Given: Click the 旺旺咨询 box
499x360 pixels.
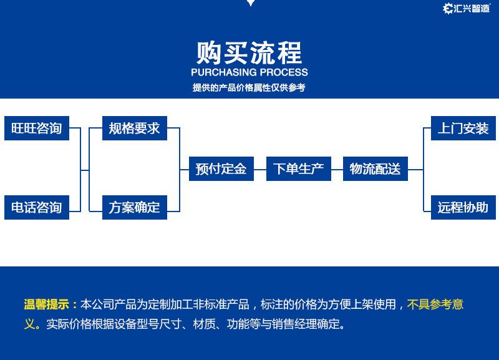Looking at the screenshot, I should [x=37, y=129].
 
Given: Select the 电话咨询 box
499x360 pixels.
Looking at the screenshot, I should [x=37, y=207].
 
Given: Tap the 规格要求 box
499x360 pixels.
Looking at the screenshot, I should [x=134, y=129].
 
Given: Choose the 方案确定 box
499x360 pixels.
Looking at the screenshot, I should [x=134, y=207].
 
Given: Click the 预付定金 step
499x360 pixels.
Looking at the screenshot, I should [x=221, y=168].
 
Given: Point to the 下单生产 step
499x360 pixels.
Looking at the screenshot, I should [x=298, y=168].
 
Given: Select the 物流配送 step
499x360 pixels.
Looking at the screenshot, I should [x=375, y=168].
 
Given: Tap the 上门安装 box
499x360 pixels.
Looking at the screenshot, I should [x=463, y=129].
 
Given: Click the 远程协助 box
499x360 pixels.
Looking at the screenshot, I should [x=463, y=207].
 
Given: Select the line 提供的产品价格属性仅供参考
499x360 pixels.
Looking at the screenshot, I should [x=249, y=88].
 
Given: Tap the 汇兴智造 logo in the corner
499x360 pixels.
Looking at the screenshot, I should [x=466, y=8].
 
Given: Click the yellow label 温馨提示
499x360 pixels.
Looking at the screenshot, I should [x=47, y=305].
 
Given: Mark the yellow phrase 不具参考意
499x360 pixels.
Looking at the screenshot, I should [x=435, y=305].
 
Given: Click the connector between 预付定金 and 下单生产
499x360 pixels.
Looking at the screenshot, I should [x=259, y=168].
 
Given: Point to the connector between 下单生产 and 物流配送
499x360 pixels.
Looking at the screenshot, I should [x=337, y=168].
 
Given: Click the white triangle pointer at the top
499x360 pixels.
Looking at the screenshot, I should [x=250, y=3].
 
